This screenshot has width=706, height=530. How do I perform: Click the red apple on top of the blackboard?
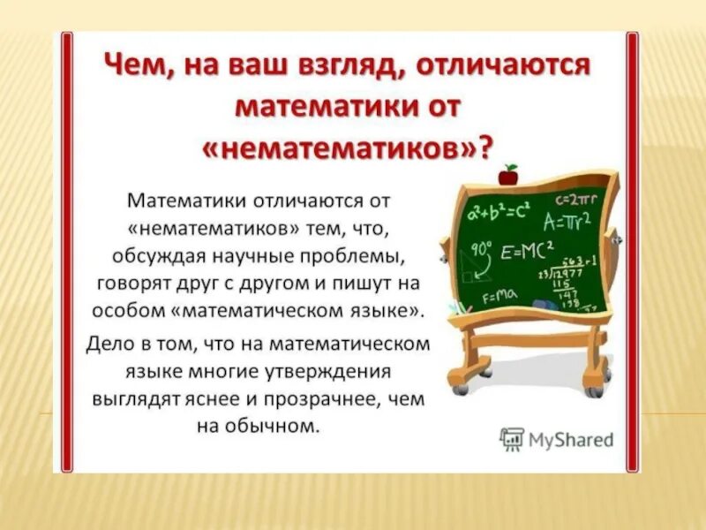pyautogui.click(x=508, y=174)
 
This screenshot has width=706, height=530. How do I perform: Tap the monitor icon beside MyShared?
pyautogui.click(x=512, y=439)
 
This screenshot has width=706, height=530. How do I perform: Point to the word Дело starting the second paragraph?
pyautogui.click(x=109, y=342)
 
